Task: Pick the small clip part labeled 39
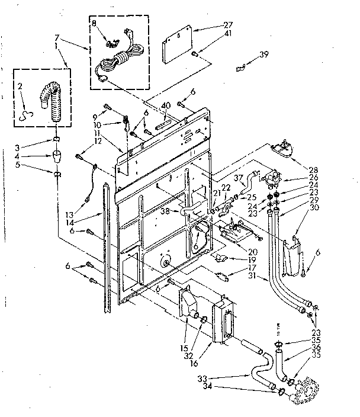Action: coord(240,68)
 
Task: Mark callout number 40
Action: coord(166,105)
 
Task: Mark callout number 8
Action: coord(94,24)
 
